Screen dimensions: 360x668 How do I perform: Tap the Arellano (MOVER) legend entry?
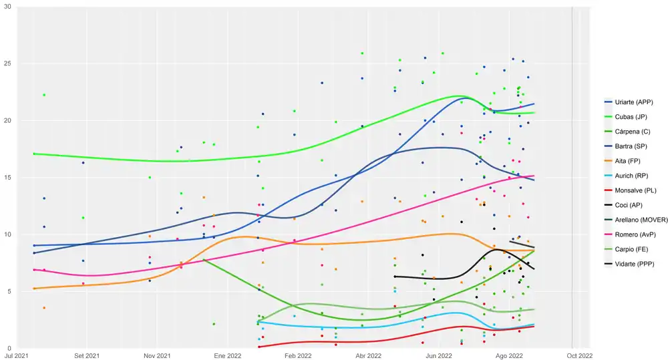coord(639,218)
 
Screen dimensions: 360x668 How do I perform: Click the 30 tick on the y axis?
coord(7,7)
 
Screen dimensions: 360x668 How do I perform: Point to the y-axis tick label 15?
coord(7,178)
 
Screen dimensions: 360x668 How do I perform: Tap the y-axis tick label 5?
coord(9,292)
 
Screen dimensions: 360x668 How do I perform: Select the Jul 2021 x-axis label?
coord(17,357)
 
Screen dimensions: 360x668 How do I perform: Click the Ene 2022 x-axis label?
coord(228,357)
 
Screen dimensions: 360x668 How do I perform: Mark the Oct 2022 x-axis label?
coord(578,357)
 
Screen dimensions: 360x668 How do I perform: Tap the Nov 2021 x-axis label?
coord(158,357)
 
